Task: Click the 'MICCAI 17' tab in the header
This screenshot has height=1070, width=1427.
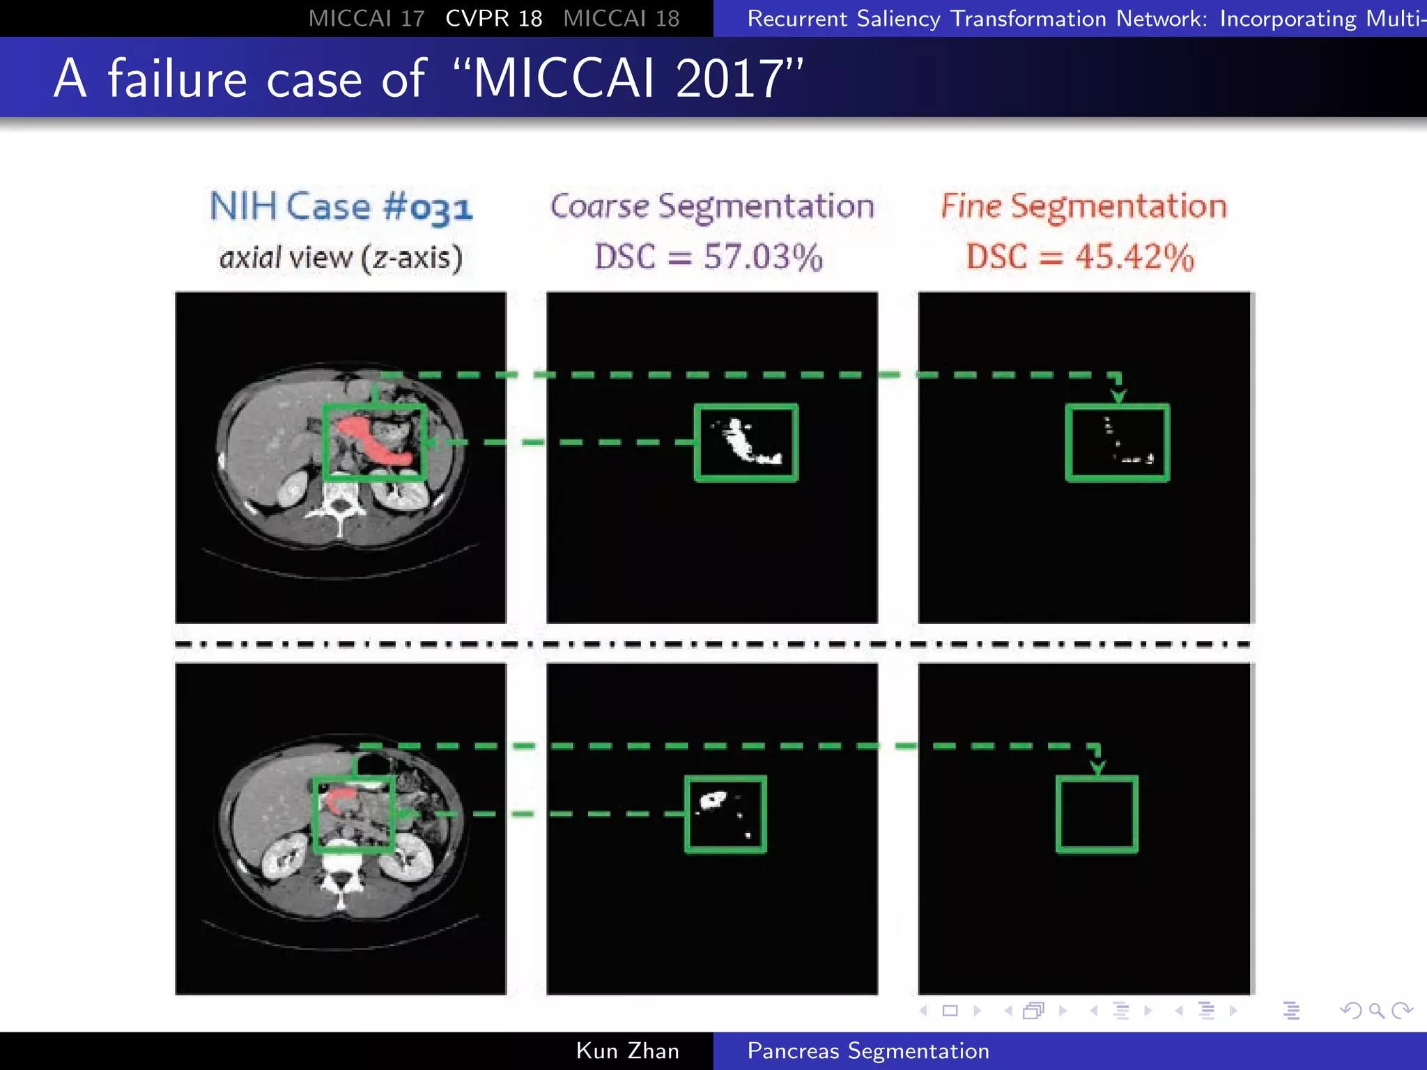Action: click(x=367, y=18)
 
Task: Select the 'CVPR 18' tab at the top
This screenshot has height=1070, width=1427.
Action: click(x=493, y=18)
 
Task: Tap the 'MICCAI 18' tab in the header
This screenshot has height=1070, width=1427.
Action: click(x=621, y=18)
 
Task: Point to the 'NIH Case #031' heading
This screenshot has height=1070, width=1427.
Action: click(x=341, y=207)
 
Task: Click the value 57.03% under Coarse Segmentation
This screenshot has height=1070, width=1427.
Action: click(x=763, y=257)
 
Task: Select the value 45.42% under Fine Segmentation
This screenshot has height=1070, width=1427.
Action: click(x=1134, y=257)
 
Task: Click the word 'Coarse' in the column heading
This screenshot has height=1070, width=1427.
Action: click(x=599, y=206)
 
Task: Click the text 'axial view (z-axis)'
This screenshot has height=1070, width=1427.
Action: click(x=341, y=258)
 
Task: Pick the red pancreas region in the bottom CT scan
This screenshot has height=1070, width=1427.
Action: click(x=339, y=798)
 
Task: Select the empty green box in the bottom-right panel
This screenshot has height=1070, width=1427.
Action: click(x=1097, y=814)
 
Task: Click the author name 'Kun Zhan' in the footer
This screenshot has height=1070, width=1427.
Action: click(x=627, y=1050)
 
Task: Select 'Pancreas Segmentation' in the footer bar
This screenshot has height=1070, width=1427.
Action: click(x=867, y=1050)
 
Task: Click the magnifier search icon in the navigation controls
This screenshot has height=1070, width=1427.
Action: click(x=1376, y=1011)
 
